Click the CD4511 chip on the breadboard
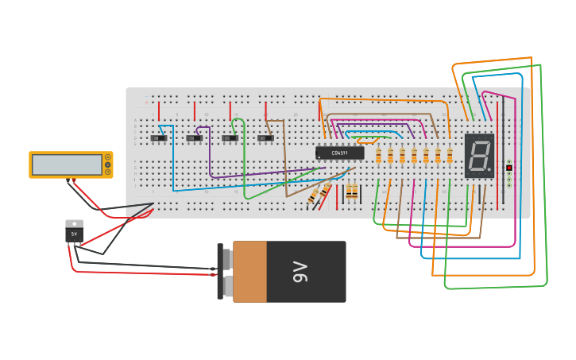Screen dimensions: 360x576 339,153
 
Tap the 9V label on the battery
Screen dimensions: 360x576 300,272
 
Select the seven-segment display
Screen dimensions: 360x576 479,155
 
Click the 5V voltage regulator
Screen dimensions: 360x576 74,234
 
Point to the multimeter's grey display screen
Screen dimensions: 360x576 67,165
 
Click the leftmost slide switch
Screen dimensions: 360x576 159,138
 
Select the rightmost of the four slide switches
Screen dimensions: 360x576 265,138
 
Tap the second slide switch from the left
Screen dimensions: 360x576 194,138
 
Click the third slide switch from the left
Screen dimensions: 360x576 230,138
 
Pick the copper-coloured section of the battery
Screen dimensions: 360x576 249,272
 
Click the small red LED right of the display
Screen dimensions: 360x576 508,168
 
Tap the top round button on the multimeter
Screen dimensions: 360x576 107,157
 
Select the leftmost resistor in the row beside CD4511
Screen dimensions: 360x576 378,155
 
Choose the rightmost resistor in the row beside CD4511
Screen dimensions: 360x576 450,155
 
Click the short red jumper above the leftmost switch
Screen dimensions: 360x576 159,110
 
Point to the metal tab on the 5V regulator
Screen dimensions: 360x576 74,223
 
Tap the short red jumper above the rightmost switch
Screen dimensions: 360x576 265,110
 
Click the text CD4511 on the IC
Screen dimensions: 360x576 340,153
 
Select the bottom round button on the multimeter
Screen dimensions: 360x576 107,172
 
